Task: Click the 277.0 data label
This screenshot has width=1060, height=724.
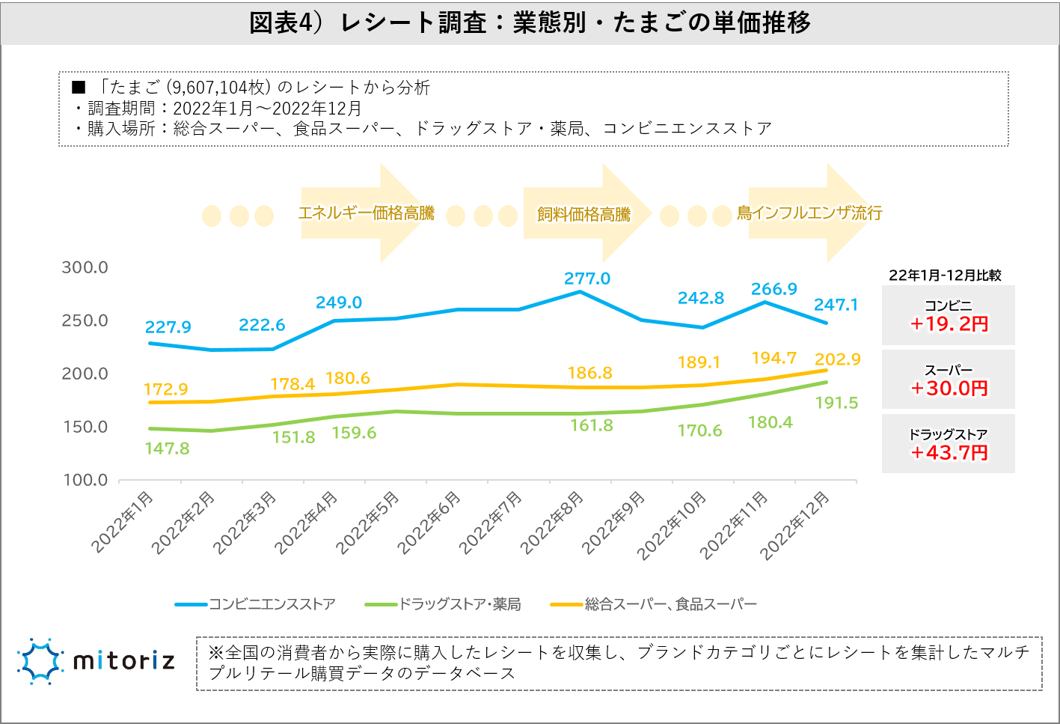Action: point(587,279)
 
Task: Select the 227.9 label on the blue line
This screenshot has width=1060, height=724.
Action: point(168,327)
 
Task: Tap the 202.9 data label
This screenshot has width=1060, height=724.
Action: point(838,359)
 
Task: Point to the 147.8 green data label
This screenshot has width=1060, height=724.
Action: point(167,448)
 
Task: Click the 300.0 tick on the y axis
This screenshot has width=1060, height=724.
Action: point(85,267)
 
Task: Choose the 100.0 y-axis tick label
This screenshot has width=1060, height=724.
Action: point(85,480)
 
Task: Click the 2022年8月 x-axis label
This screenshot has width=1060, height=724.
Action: point(552,523)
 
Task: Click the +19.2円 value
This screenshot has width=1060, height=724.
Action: point(949,324)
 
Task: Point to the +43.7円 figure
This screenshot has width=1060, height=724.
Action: point(949,453)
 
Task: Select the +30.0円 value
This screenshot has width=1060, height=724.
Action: point(949,389)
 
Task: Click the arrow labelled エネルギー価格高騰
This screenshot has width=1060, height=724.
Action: point(367,213)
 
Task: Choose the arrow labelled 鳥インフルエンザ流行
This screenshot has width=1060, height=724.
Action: point(809,213)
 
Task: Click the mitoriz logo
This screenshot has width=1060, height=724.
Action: point(96,661)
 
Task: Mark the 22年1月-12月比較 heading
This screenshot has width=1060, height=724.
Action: point(945,276)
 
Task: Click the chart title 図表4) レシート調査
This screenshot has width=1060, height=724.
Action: point(530,22)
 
